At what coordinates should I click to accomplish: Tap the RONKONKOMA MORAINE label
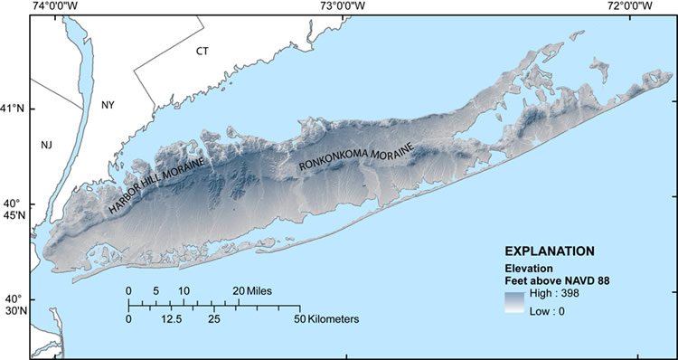coord(356,156)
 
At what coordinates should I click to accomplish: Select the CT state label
coord(202,52)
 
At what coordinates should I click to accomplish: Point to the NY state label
coord(108,105)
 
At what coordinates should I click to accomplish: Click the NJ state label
coord(47,145)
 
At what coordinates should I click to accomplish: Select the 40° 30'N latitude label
coord(14,305)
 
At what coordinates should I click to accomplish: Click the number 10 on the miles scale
coord(184,290)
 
